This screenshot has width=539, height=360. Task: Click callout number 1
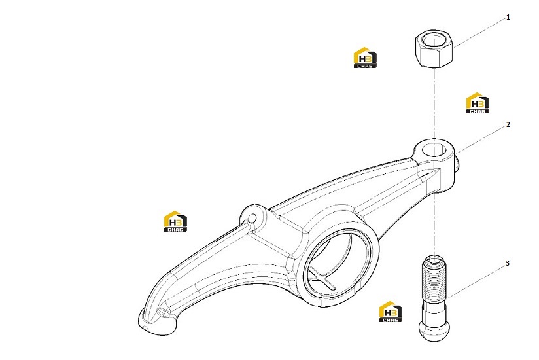coord(508,17)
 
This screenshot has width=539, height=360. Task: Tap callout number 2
coord(508,124)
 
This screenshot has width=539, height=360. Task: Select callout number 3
coord(508,263)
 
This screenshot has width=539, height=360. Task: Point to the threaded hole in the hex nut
coord(434,39)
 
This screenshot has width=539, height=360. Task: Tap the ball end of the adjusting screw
coord(434,331)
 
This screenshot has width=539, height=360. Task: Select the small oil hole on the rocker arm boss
coord(252,219)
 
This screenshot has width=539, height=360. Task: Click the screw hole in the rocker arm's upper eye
coord(434,150)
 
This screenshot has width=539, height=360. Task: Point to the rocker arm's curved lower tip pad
coord(157,322)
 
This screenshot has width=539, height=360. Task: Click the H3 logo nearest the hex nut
coord(365,58)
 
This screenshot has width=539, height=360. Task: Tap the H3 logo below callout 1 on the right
coord(478,103)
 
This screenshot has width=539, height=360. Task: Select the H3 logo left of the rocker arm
coord(175,221)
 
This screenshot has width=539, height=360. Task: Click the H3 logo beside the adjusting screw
coord(391,312)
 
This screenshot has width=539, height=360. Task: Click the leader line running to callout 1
coord(479,32)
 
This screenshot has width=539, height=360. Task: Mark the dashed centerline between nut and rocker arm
coord(434,103)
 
